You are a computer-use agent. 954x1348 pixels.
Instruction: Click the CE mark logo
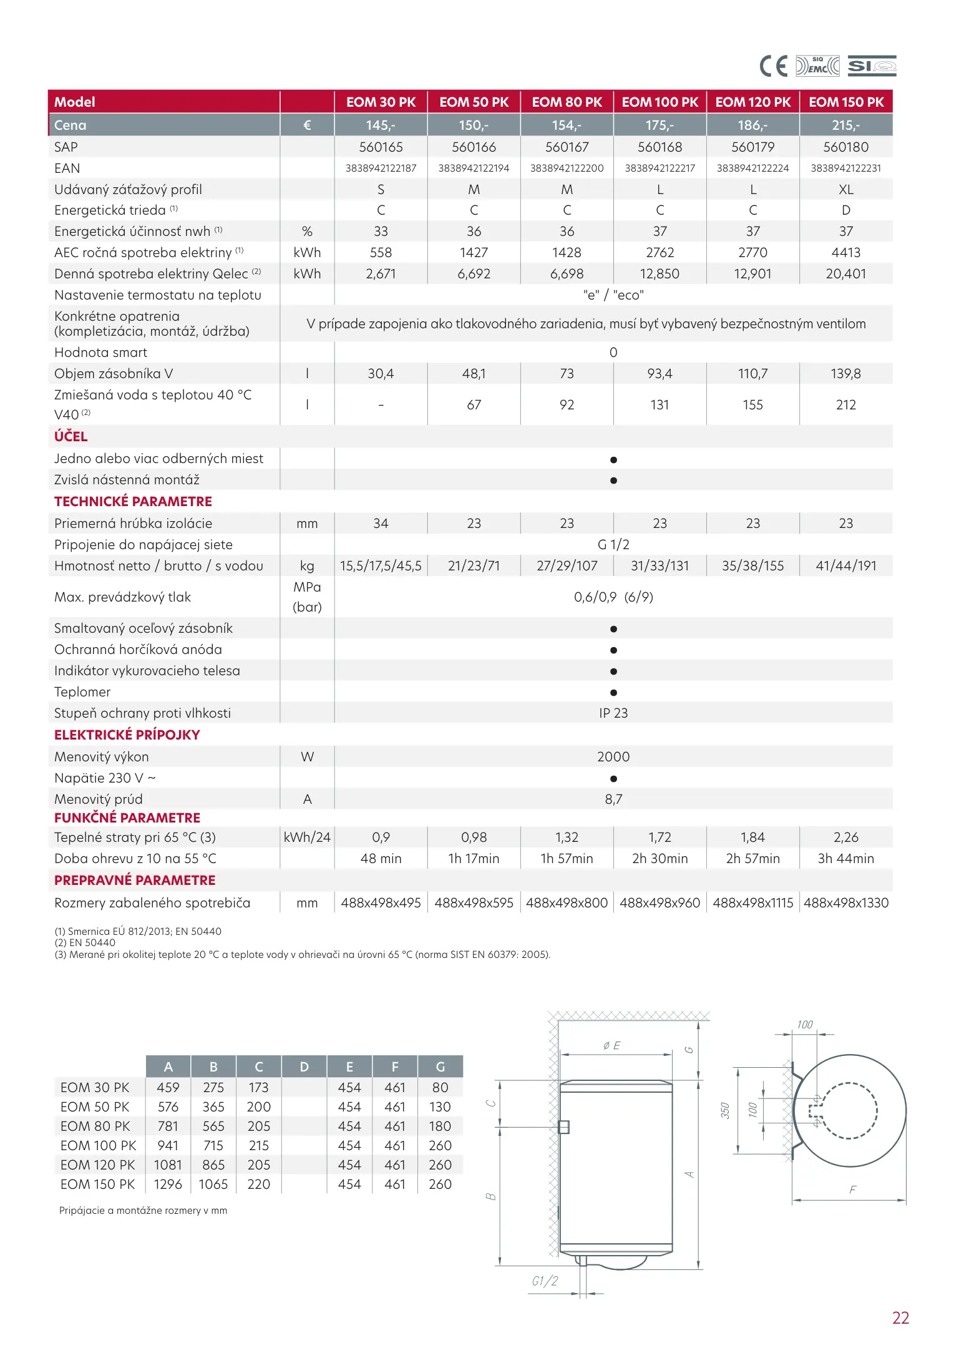[774, 66]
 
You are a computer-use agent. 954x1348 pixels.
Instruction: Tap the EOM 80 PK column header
[567, 102]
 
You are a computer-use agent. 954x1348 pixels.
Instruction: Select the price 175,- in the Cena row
[660, 125]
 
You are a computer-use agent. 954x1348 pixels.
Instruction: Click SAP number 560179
[752, 147]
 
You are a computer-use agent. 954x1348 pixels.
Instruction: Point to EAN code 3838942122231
[845, 168]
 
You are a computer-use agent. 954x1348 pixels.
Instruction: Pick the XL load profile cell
[845, 189]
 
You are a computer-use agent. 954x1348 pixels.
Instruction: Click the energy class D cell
[845, 210]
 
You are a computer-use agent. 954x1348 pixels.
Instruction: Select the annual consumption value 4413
[845, 253]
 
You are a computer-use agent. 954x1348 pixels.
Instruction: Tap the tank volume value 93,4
[660, 373]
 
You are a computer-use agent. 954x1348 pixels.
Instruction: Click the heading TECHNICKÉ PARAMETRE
[133, 501]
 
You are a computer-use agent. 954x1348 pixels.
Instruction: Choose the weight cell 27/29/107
[567, 566]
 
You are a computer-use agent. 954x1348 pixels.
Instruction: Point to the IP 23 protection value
[613, 713]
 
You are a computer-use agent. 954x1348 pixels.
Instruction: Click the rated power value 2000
[613, 756]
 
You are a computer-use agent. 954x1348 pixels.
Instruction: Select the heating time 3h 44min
[845, 858]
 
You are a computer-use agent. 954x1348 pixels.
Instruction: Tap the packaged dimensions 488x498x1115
[752, 902]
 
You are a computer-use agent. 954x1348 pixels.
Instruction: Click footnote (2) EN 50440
[85, 942]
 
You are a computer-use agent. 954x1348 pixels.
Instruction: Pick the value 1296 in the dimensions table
[168, 1184]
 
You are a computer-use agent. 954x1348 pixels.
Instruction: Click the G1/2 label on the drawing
[545, 1281]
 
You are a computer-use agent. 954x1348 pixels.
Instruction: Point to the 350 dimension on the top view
[725, 1110]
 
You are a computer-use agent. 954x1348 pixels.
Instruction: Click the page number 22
[900, 1317]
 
